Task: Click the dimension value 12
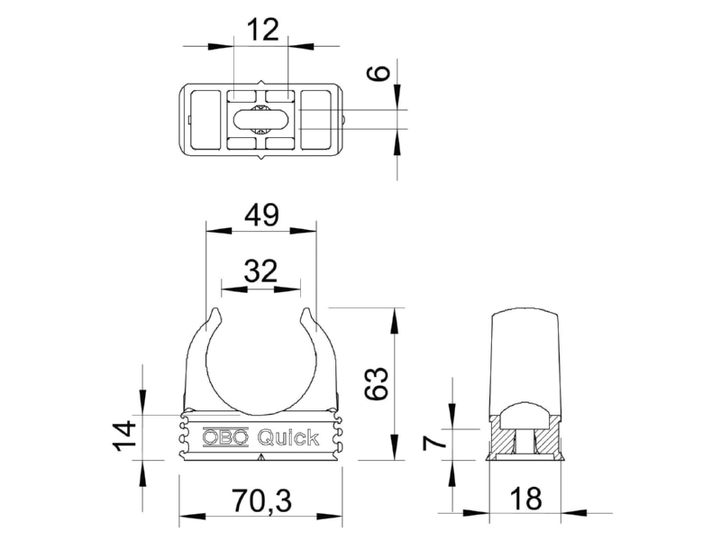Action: tap(262, 31)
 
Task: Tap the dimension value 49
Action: tap(262, 215)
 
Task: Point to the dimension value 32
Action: tap(260, 271)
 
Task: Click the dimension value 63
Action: tap(377, 383)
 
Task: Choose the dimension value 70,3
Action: tap(261, 500)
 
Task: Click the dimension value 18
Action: tap(526, 499)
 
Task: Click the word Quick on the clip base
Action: tap(288, 438)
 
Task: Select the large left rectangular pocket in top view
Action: tap(205, 120)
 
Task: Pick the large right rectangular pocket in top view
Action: tap(315, 120)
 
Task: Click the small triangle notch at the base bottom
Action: tap(261, 457)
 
